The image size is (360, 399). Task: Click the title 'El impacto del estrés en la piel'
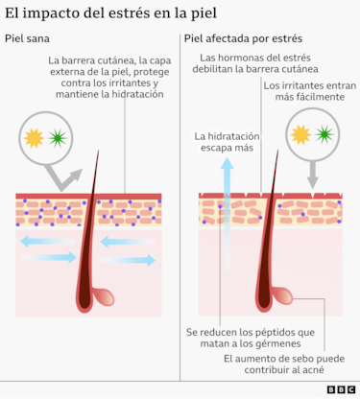(x=110, y=13)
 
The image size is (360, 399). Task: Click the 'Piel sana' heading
(x=26, y=39)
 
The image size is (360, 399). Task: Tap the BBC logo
(x=340, y=389)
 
